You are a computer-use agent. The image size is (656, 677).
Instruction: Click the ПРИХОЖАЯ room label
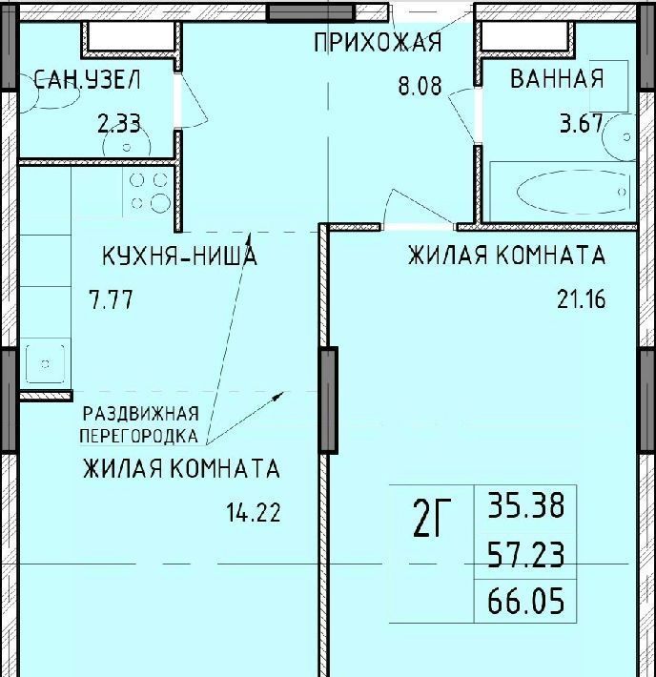pos(378,42)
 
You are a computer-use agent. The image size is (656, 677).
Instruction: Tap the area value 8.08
pos(420,85)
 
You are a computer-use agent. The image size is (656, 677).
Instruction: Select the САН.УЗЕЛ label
pos(87,80)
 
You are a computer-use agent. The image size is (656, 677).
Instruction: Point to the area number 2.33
pos(119,124)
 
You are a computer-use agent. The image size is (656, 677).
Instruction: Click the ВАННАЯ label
pos(557,78)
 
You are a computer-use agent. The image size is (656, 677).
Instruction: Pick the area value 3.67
pos(582,123)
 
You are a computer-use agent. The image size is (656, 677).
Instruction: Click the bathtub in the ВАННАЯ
pos(563,192)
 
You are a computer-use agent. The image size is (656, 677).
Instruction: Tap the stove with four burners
pos(149,192)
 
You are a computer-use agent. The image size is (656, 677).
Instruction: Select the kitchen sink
pos(46,363)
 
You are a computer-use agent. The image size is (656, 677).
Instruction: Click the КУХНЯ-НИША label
pos(179,256)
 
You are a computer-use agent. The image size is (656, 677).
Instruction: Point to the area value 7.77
pos(111,299)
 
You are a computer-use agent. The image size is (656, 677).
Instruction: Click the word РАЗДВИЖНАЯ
pos(141,414)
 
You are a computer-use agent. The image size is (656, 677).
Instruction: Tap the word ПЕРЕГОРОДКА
pos(139,436)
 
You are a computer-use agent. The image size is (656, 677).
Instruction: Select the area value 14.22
pos(254,512)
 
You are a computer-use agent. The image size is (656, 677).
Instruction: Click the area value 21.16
pos(582,299)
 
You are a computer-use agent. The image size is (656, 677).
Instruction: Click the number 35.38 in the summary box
pos(526,505)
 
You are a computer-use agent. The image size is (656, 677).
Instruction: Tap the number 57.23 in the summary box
pos(526,555)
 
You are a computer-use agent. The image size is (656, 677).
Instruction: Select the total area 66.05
pos(526,601)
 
